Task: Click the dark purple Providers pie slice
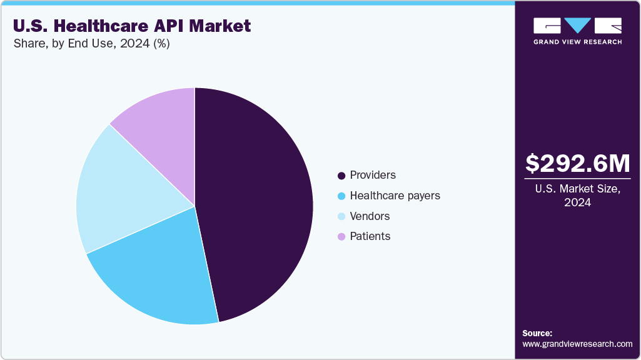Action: tap(256, 200)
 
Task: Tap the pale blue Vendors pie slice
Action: tap(119, 187)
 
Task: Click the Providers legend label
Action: tap(373, 175)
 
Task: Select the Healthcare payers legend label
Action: tap(395, 196)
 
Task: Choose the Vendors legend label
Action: tap(370, 216)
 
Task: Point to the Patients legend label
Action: tap(370, 236)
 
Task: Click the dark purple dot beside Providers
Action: tap(341, 176)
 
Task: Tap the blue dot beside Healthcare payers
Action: tap(341, 196)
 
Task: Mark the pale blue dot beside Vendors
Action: tap(341, 217)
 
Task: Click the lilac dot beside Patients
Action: tap(341, 237)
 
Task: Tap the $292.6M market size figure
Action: tap(577, 163)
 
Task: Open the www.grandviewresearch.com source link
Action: tap(577, 344)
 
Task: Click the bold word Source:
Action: tap(537, 333)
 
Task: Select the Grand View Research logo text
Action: tap(577, 42)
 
